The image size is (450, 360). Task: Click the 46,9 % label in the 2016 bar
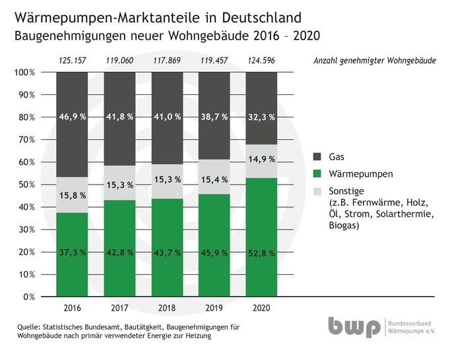point(72,117)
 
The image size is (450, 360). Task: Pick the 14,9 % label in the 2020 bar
point(261,159)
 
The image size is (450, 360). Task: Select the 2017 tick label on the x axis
point(119,308)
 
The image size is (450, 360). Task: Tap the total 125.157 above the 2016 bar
point(72,61)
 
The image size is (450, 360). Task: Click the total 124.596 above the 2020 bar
point(261,61)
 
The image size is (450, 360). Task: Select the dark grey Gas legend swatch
point(316,157)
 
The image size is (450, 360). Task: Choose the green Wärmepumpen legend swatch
point(316,175)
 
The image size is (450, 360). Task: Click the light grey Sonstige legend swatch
point(316,191)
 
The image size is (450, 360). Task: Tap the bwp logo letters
point(353,328)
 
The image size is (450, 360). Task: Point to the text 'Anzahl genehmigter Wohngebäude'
point(373,61)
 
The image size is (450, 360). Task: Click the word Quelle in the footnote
point(26,328)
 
